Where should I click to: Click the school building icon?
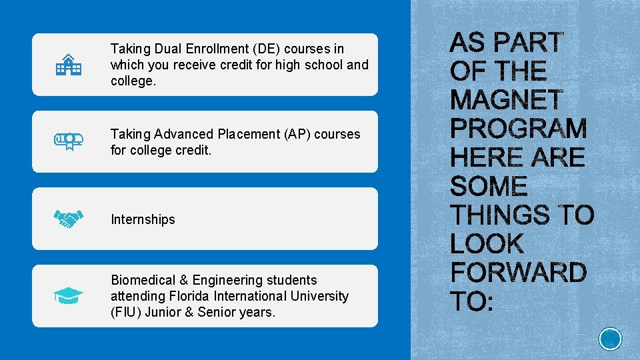click(x=69, y=65)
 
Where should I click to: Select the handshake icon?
click(x=69, y=219)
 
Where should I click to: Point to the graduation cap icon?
click(x=69, y=295)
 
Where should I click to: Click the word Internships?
click(x=143, y=219)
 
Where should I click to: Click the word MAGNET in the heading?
click(x=507, y=100)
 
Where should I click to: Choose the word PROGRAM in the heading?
click(x=519, y=129)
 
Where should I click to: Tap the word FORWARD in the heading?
click(x=518, y=273)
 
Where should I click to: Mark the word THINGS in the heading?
click(x=499, y=215)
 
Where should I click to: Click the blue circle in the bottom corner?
click(x=610, y=339)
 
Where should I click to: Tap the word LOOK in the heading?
click(x=487, y=244)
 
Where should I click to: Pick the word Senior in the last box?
click(x=217, y=312)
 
